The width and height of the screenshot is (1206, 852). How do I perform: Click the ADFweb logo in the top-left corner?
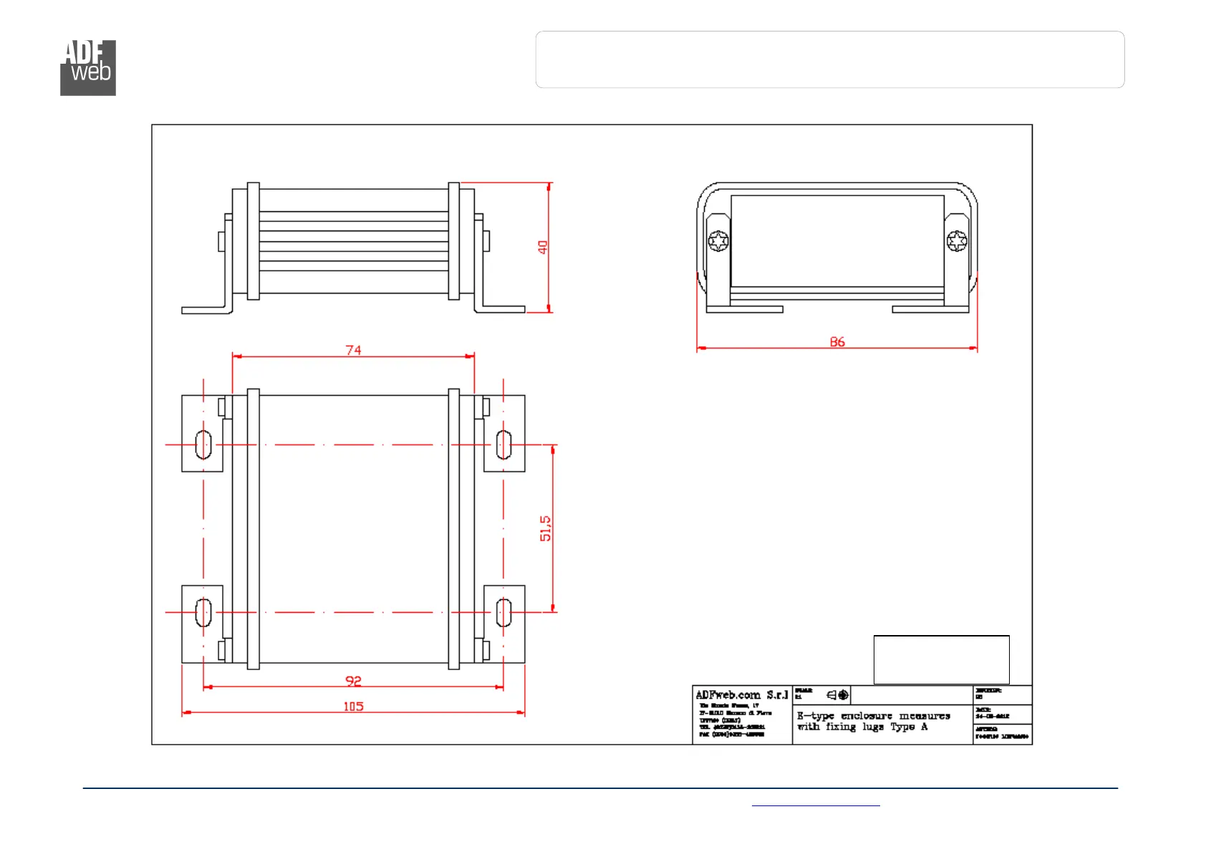point(87,67)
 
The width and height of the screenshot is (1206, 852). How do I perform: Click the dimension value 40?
point(543,247)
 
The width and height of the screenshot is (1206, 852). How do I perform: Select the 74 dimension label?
point(353,350)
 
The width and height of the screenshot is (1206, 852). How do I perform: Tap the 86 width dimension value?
point(837,342)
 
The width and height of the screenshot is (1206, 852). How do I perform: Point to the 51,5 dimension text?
point(546,528)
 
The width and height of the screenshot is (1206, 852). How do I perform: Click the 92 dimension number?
point(353,681)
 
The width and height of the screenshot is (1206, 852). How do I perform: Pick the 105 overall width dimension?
point(353,707)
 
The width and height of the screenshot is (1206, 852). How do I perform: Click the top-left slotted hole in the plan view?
point(203,445)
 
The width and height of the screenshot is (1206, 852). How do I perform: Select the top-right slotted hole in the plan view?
point(503,445)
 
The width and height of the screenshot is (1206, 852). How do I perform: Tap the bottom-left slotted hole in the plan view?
point(203,612)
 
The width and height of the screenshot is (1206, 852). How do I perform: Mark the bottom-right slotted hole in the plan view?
point(503,612)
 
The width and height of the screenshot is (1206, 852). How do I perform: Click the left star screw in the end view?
point(718,241)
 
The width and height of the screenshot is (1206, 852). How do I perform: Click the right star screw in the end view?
point(957,241)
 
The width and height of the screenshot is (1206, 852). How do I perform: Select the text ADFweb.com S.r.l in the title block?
point(741,695)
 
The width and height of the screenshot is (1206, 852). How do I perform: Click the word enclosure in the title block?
point(867,716)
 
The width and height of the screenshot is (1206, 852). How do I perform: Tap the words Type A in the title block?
point(909,727)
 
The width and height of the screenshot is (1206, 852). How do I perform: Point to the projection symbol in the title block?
point(838,694)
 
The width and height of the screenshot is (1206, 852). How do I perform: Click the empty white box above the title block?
point(941,659)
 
